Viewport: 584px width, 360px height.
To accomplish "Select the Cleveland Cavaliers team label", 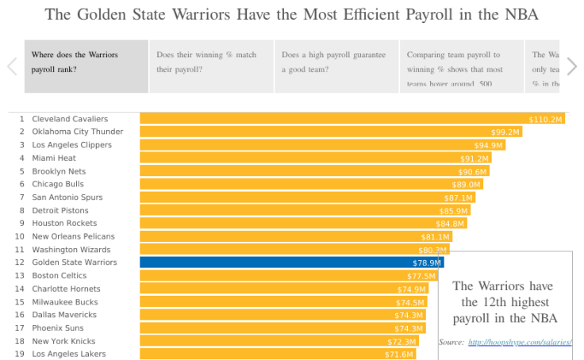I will [x=70, y=119].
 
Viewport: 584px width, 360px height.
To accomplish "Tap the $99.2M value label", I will [x=505, y=132].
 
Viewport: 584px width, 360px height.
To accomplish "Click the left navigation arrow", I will [x=12, y=66].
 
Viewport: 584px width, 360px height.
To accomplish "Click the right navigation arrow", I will [x=571, y=66].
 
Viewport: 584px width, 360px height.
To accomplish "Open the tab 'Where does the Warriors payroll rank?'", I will [x=86, y=66].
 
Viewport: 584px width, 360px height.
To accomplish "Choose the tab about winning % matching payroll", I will [x=210, y=66].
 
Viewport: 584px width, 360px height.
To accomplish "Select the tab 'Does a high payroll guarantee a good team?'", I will [x=336, y=66].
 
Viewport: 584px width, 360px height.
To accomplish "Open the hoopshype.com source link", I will [x=520, y=343].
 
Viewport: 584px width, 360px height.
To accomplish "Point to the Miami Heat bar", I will [x=302, y=158].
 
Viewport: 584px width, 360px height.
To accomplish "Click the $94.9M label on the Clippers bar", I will [x=489, y=145].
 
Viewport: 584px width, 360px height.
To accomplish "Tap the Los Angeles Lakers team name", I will [x=68, y=354].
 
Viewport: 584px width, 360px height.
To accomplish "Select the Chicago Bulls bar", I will [x=302, y=184].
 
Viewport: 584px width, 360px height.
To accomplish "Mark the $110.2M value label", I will [x=545, y=119].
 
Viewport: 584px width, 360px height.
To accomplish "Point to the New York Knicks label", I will [x=63, y=341].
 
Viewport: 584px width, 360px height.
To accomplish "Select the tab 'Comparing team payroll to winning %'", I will [x=461, y=66].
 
